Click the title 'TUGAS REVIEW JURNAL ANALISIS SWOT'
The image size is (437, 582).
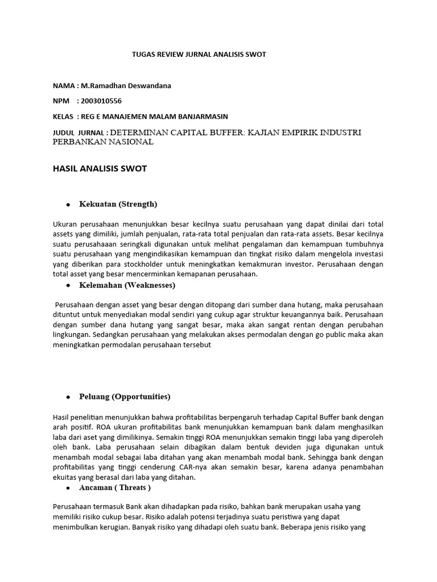(199, 55)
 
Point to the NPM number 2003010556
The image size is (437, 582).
(101, 101)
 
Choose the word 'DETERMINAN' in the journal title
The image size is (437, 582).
(136, 132)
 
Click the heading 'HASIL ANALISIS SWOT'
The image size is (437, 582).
(100, 169)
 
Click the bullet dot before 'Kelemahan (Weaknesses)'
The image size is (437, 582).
(68, 285)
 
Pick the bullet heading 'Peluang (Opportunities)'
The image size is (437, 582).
(125, 397)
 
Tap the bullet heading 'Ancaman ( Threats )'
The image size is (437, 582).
(115, 488)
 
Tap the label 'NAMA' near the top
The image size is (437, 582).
(63, 86)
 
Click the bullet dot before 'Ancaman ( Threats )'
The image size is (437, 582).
(68, 488)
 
